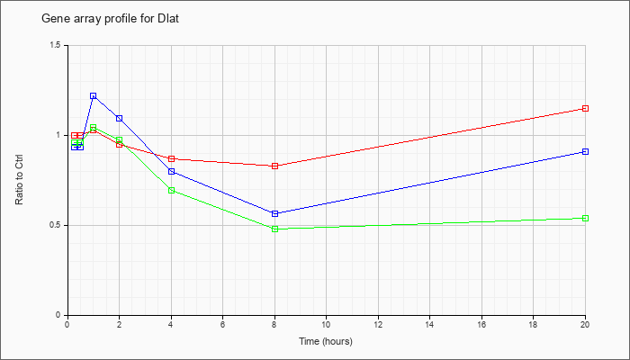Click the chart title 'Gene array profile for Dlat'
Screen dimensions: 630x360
point(110,19)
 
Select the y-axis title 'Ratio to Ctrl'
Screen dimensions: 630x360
point(19,180)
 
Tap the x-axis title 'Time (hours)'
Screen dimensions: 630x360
point(326,341)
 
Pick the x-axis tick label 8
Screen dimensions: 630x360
point(274,324)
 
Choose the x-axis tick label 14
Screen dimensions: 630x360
point(429,324)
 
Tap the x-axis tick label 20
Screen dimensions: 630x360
point(585,324)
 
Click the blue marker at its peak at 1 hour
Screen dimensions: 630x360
point(94,96)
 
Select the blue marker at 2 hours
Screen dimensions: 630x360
point(120,118)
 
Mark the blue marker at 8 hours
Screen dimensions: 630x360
point(274,214)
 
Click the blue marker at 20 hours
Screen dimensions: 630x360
point(585,151)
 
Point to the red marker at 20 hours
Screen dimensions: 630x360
point(585,109)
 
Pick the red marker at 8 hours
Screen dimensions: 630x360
point(274,166)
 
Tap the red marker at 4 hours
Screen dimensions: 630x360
point(171,158)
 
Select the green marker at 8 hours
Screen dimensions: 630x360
point(274,229)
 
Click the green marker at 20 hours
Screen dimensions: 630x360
point(585,218)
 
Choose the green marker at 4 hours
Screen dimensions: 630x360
point(171,190)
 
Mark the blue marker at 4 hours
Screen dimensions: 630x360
point(171,172)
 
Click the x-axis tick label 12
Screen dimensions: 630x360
point(378,324)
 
